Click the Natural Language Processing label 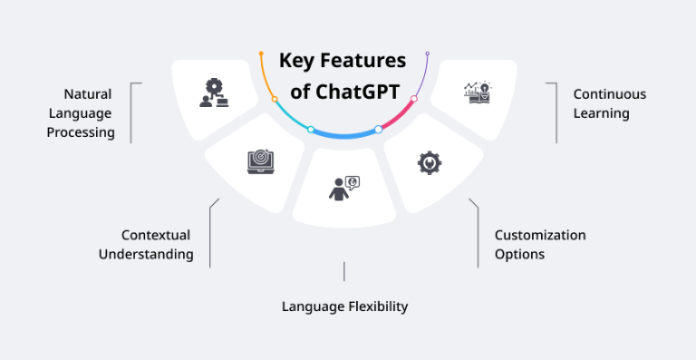(x=88, y=113)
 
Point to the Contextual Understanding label (x=145, y=245)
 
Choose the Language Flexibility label (x=344, y=306)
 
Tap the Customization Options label (x=539, y=245)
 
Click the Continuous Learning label (x=609, y=103)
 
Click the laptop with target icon (x=259, y=161)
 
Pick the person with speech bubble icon (x=343, y=188)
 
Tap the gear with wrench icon (x=429, y=162)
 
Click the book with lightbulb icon (x=477, y=92)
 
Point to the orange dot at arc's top (x=260, y=54)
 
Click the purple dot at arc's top (x=428, y=54)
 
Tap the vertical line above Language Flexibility (x=344, y=271)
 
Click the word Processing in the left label (x=82, y=132)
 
